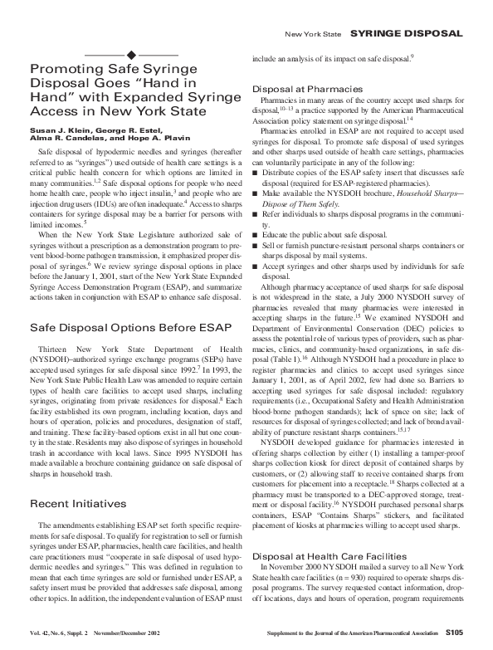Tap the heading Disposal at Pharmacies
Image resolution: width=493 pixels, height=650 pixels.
[x=307, y=88]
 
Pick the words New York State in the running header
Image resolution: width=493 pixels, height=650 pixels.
[x=311, y=33]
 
